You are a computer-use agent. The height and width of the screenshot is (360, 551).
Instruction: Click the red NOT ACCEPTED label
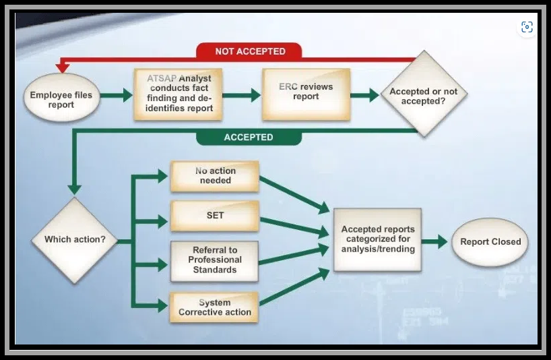(249, 51)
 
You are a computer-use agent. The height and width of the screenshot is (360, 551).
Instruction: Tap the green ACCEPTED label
(249, 137)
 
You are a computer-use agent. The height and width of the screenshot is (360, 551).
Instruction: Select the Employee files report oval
(61, 97)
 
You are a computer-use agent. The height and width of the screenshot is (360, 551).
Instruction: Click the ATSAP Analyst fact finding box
(178, 94)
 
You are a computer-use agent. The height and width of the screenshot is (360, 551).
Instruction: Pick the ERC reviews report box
(306, 94)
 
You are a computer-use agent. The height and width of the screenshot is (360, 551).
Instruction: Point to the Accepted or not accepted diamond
(424, 94)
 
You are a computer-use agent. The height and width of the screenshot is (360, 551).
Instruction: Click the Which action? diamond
(75, 240)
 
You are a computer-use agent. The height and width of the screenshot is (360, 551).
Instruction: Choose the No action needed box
(215, 176)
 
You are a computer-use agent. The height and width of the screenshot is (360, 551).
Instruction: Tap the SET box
(215, 216)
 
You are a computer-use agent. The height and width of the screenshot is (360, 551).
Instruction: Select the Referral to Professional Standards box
(215, 261)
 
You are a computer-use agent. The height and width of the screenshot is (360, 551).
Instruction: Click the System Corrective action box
(214, 307)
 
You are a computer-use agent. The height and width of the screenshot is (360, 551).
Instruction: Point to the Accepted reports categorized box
(377, 239)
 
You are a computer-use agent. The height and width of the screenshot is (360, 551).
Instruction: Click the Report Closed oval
(490, 242)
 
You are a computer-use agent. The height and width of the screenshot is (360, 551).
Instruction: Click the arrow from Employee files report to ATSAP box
(117, 95)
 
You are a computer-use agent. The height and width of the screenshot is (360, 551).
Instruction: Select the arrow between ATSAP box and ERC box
(242, 95)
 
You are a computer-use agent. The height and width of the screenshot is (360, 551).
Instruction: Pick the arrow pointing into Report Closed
(434, 241)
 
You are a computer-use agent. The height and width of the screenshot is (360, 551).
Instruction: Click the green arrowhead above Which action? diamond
(74, 190)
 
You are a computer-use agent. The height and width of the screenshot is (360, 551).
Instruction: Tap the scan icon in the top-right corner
(527, 27)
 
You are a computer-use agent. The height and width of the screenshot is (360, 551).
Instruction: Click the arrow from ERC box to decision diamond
(365, 95)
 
